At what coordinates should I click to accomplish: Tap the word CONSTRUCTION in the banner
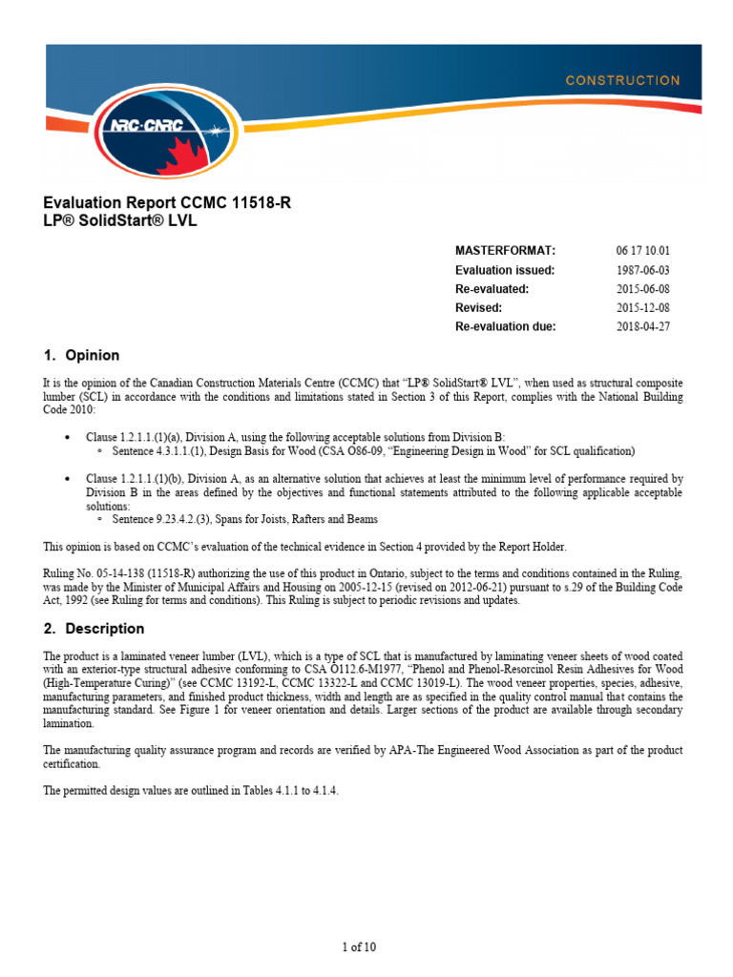point(622,81)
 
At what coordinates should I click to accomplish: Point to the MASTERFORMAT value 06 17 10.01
point(649,251)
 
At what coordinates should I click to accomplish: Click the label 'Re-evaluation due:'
point(505,327)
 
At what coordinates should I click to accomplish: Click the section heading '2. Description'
point(94,629)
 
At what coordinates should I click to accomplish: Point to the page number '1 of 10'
point(359,947)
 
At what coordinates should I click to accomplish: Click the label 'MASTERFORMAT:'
point(505,251)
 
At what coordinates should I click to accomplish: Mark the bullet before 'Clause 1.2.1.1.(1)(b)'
point(66,478)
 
